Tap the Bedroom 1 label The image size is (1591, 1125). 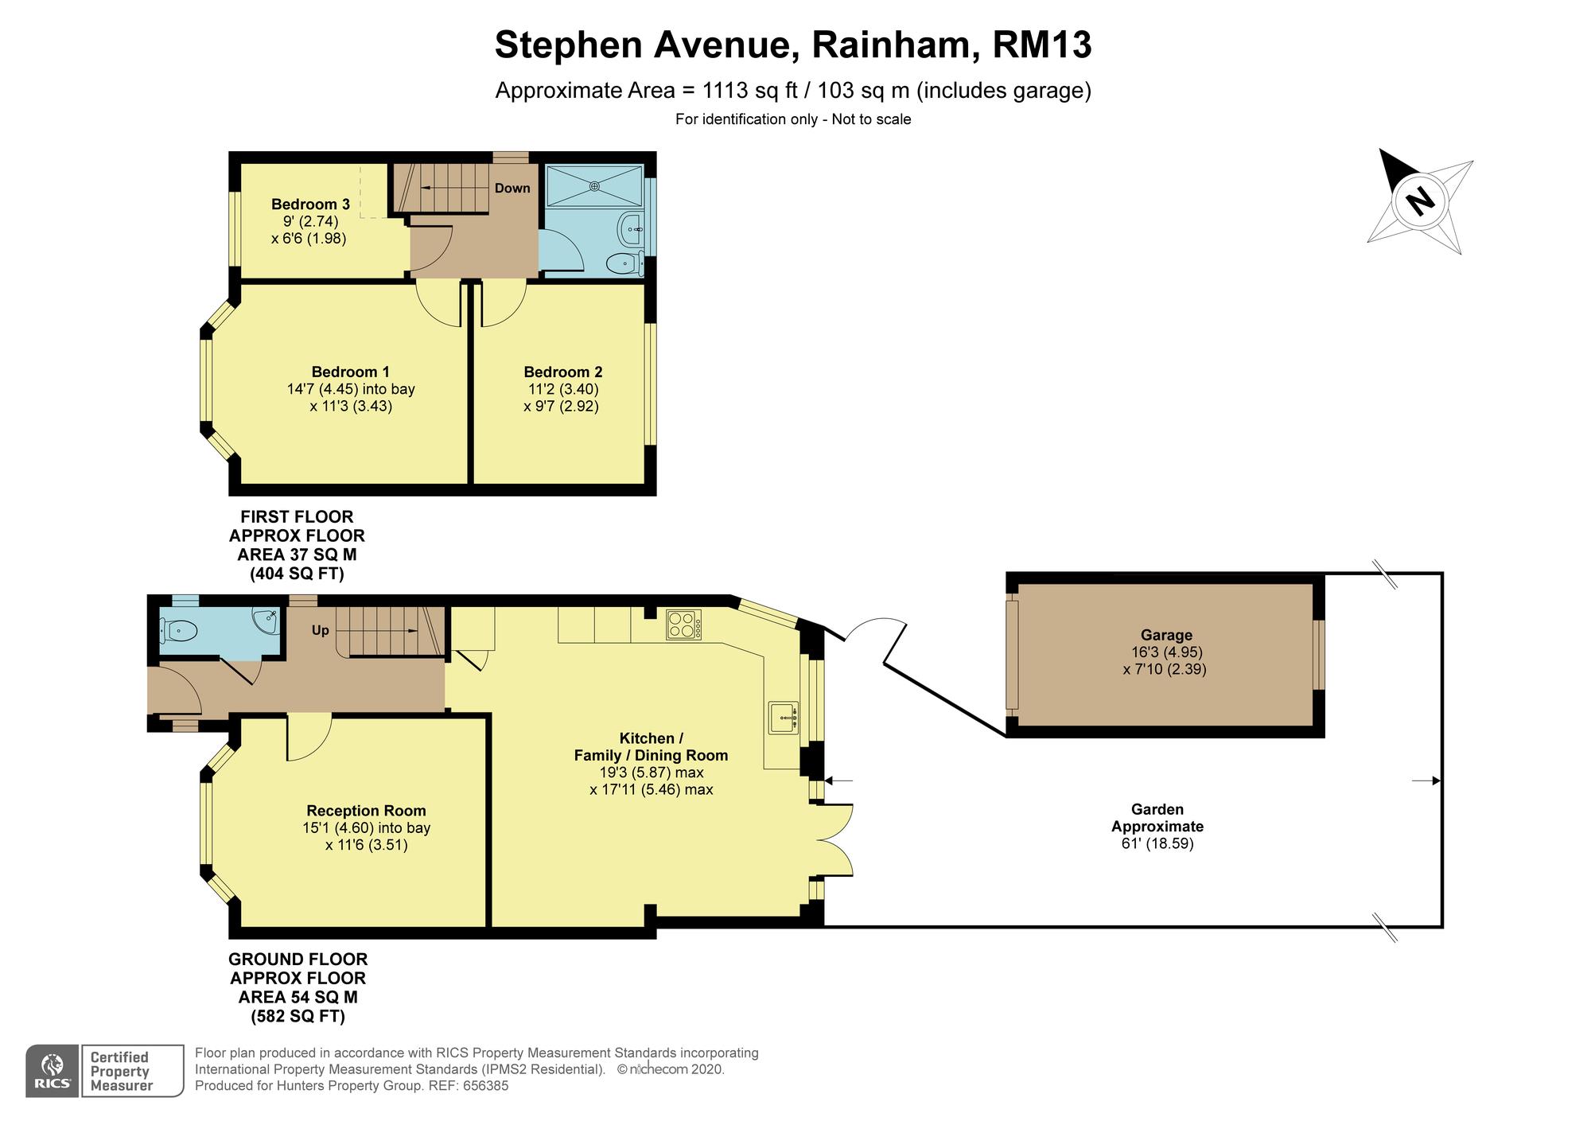pyautogui.click(x=350, y=372)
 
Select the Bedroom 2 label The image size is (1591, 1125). pyautogui.click(x=562, y=372)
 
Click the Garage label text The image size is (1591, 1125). pyautogui.click(x=1166, y=635)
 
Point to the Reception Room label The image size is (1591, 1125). pyautogui.click(x=366, y=811)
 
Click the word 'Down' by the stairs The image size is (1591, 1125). pyautogui.click(x=512, y=189)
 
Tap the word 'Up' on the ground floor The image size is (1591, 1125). pyautogui.click(x=320, y=630)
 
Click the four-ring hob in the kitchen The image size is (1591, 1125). pyautogui.click(x=684, y=625)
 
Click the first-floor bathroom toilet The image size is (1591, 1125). pyautogui.click(x=625, y=263)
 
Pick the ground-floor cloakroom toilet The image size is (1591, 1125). pyautogui.click(x=177, y=631)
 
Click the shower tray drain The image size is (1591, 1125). pyautogui.click(x=594, y=185)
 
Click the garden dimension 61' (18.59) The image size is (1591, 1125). pyautogui.click(x=1157, y=843)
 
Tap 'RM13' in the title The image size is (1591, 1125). pyautogui.click(x=1042, y=45)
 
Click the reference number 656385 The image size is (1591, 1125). pyautogui.click(x=485, y=1086)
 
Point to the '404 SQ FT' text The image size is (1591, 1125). pyautogui.click(x=298, y=574)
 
